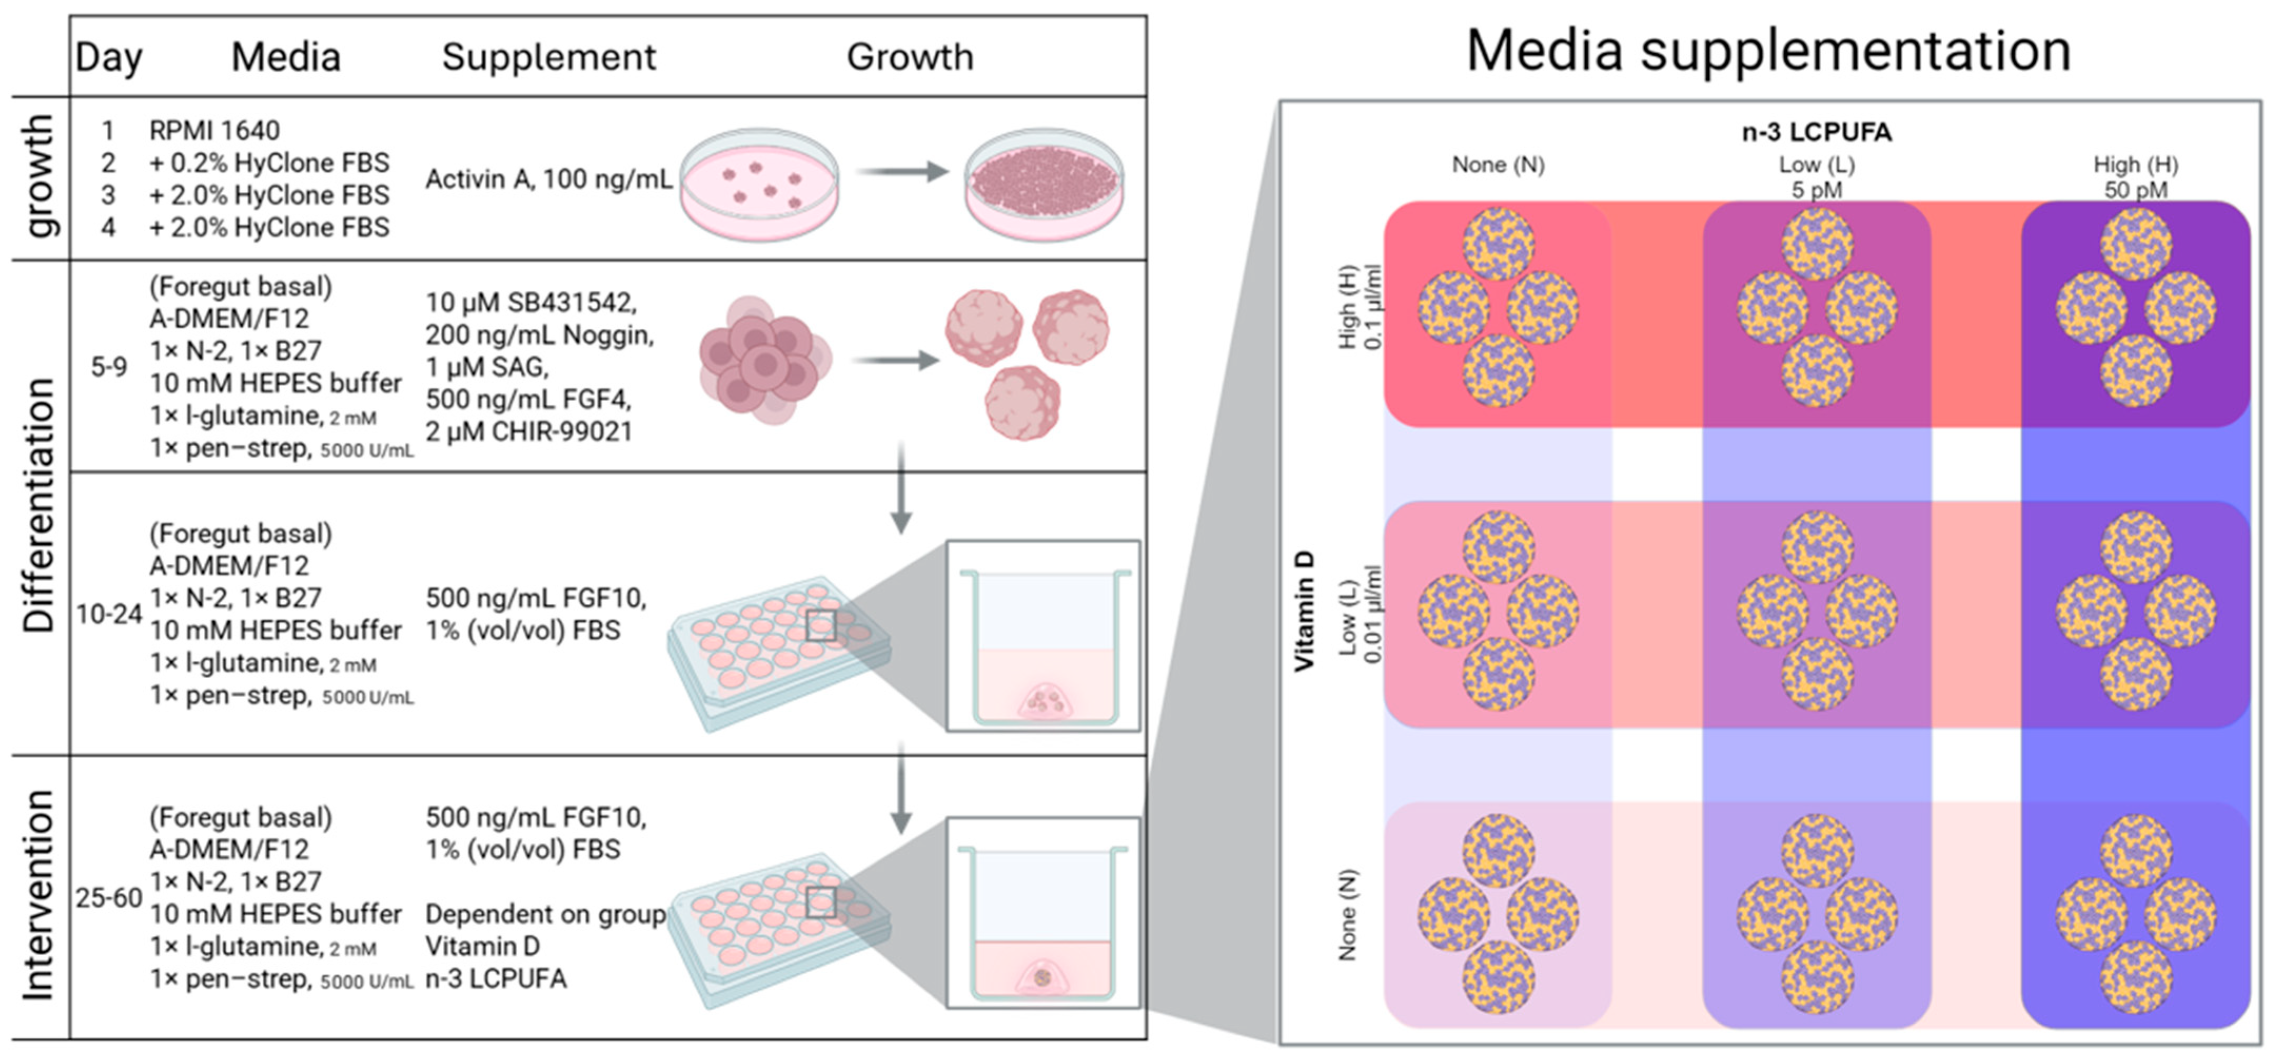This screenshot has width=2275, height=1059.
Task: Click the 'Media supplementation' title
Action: pyautogui.click(x=1768, y=51)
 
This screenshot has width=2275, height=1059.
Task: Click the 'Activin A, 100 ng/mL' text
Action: pyautogui.click(x=548, y=179)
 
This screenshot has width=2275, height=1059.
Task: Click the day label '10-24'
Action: pyautogui.click(x=108, y=614)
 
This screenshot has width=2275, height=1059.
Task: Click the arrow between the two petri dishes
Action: pyautogui.click(x=901, y=171)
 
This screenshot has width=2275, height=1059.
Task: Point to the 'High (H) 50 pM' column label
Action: pyautogui.click(x=2135, y=177)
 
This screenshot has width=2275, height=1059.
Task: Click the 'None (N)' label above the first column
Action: pyautogui.click(x=1498, y=165)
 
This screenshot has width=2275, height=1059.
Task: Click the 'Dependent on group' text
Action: pyautogui.click(x=546, y=914)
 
